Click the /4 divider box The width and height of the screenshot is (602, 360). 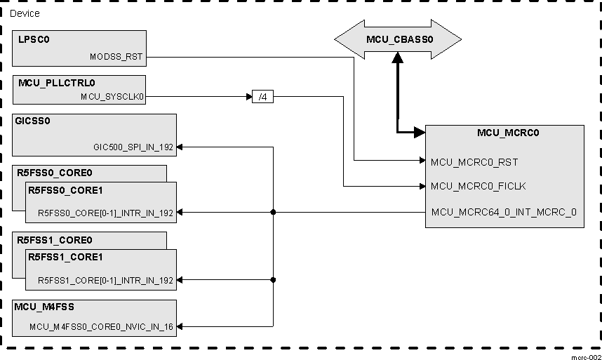[262, 97]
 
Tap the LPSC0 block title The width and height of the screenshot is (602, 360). [34, 39]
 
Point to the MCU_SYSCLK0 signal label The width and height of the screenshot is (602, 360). [112, 97]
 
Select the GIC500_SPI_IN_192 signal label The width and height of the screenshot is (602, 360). [133, 147]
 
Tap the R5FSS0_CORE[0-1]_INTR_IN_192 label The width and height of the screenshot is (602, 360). [105, 213]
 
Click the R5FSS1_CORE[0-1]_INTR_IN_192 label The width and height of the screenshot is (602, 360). [105, 280]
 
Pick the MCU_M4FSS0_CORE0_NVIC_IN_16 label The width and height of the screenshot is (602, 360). [102, 326]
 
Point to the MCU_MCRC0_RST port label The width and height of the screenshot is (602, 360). [474, 162]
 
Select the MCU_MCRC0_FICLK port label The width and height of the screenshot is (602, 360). [479, 187]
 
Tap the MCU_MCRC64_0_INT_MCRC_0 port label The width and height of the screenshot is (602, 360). [504, 212]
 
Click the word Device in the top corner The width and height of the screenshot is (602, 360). [25, 13]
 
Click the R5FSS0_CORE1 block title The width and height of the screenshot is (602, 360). [65, 190]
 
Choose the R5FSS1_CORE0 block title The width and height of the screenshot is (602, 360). [55, 240]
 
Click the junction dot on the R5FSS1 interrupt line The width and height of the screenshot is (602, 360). [273, 280]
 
